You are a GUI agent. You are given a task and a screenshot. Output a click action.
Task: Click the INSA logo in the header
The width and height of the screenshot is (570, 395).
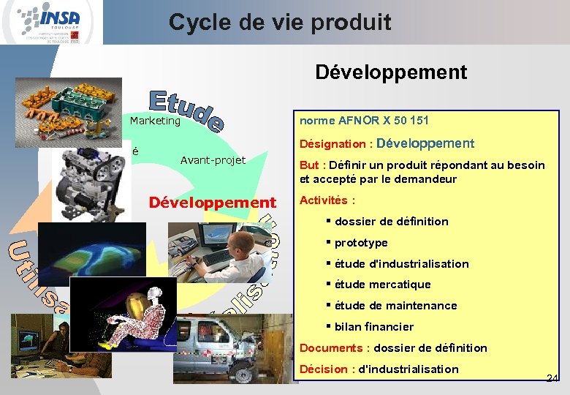[51, 22]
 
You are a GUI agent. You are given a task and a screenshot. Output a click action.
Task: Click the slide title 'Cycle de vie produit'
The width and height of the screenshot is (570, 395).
[280, 23]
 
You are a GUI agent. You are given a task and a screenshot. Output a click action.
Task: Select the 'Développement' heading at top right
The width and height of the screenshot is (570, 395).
[391, 72]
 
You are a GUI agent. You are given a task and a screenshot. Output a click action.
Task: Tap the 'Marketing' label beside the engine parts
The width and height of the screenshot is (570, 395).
[155, 121]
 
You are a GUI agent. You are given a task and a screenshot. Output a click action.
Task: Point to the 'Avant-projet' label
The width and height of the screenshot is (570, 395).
[213, 160]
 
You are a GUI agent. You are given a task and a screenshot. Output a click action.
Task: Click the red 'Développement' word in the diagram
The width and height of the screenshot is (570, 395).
[213, 203]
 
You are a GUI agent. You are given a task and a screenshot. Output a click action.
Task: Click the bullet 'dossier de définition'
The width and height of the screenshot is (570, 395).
[391, 222]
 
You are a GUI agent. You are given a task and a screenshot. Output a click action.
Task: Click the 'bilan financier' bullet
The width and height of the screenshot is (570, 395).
[373, 327]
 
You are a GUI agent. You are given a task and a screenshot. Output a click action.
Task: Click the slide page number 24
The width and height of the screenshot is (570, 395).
[552, 378]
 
